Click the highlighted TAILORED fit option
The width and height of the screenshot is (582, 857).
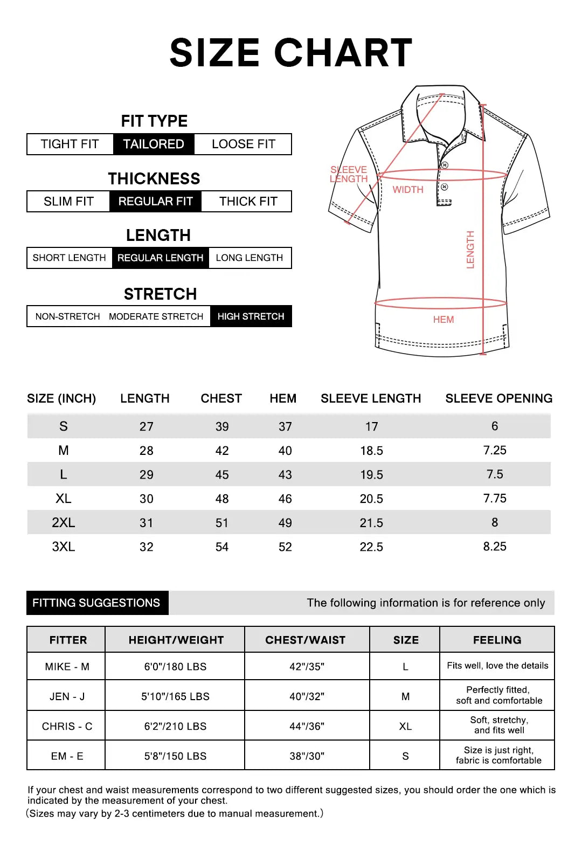tap(154, 144)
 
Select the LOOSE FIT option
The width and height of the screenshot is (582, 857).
tap(243, 144)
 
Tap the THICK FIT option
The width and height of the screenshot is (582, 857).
tap(248, 201)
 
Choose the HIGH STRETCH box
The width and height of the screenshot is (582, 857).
tap(251, 316)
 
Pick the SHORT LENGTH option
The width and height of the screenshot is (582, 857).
tap(69, 258)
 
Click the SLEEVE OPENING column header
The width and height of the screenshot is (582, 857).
tap(498, 398)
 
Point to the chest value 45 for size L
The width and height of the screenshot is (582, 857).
tap(222, 475)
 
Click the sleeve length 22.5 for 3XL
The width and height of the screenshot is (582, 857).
tap(371, 547)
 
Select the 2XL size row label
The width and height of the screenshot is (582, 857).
tap(64, 523)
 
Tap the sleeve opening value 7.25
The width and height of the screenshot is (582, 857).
tap(495, 451)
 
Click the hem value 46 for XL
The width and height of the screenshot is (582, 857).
tap(285, 499)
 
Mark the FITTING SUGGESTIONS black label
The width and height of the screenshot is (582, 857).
tap(96, 603)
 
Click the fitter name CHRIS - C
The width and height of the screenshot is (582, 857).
tap(67, 727)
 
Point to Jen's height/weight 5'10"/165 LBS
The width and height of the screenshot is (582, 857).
tap(175, 696)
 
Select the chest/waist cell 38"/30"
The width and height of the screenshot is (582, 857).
tap(307, 756)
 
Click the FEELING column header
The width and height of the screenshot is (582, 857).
tap(497, 640)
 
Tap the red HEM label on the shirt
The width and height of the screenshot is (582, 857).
tap(444, 320)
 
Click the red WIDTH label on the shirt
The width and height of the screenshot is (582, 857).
tap(408, 190)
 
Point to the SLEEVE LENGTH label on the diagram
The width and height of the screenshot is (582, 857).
tap(349, 174)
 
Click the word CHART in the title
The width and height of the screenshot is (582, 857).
tap(343, 53)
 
